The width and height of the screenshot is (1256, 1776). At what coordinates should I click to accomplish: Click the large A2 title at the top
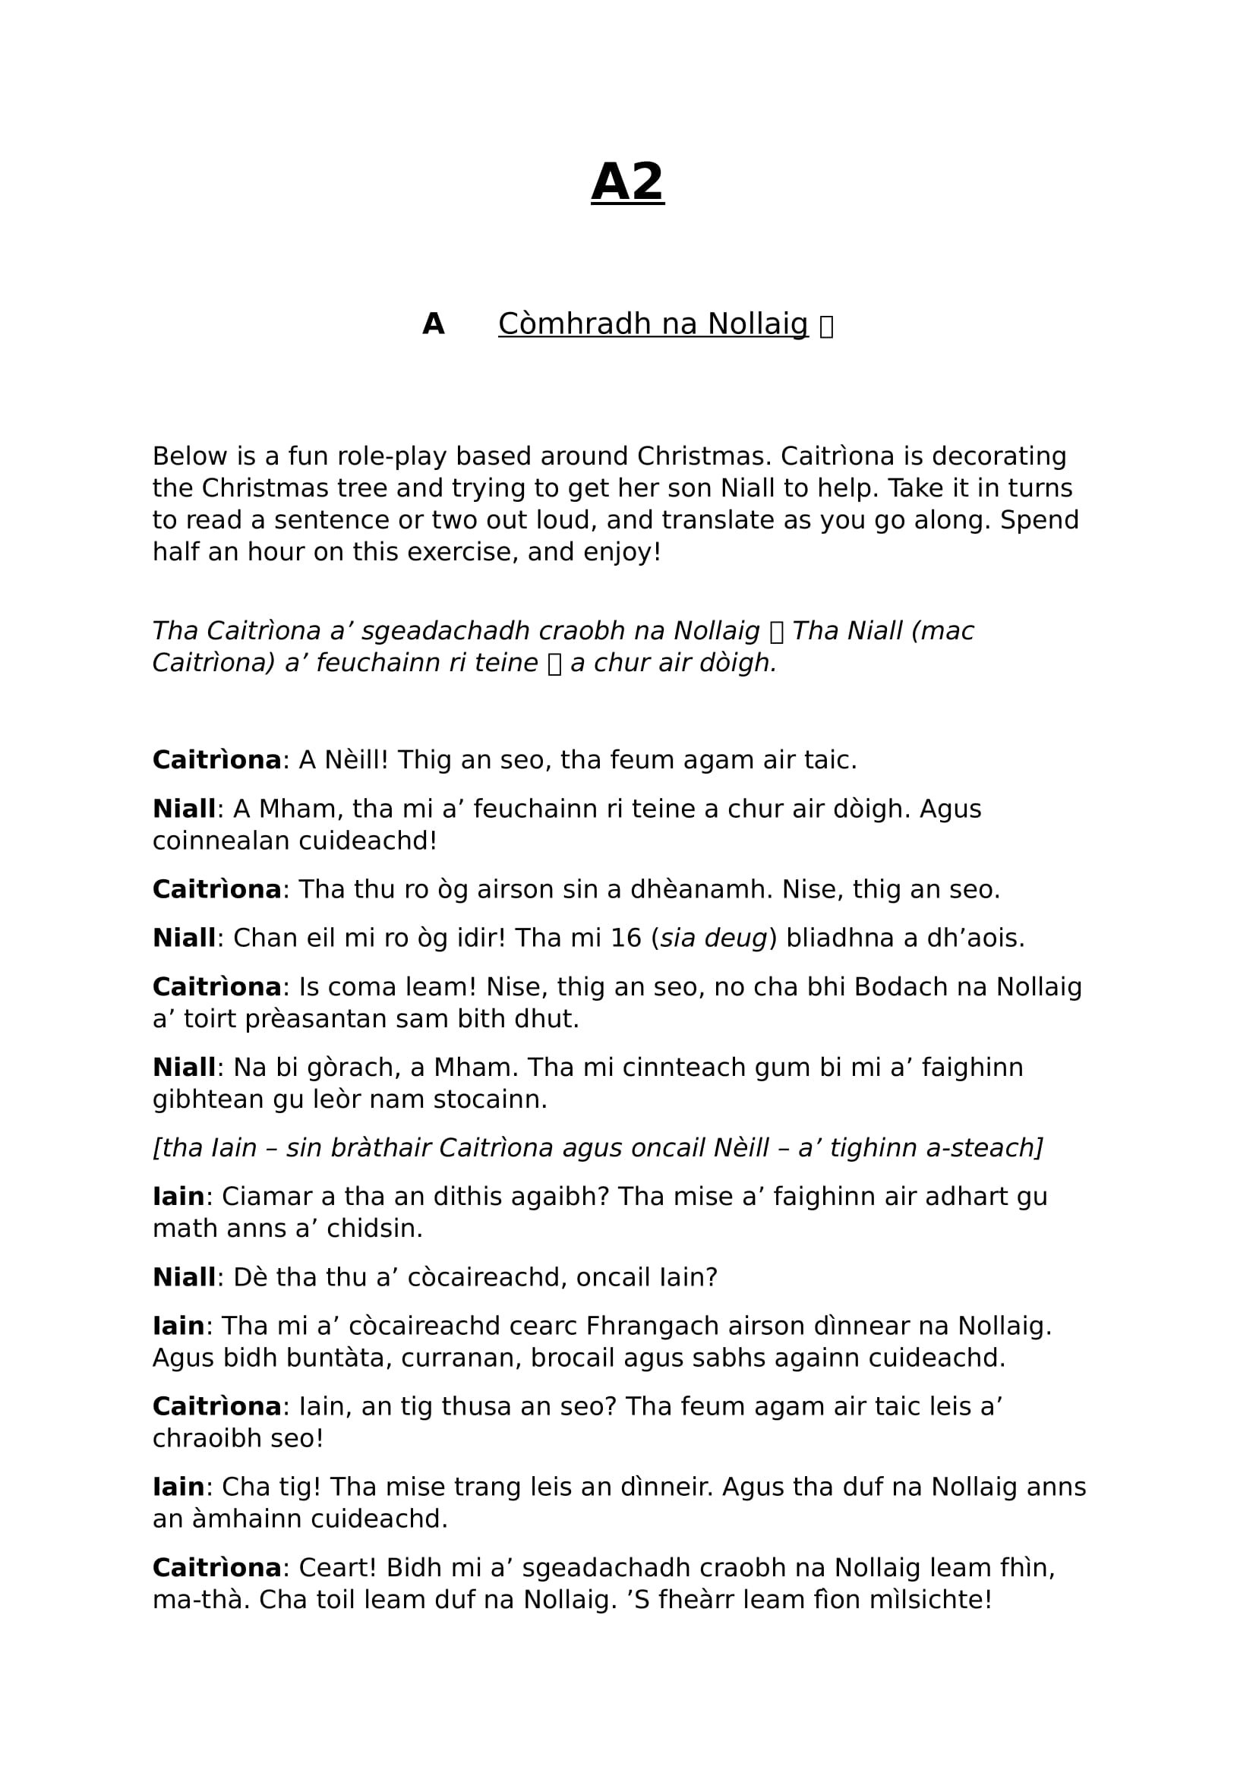point(627,182)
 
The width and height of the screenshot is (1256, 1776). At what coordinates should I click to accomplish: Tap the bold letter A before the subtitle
point(433,324)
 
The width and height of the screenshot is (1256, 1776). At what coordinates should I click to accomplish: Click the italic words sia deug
point(713,938)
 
